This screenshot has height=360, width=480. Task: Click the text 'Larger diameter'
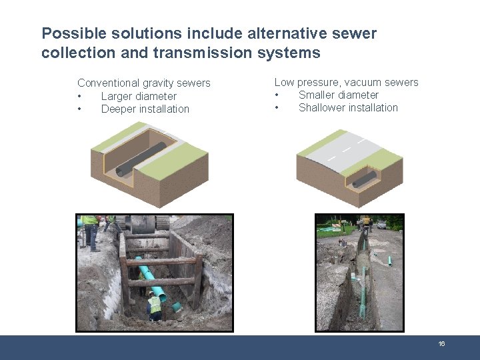click(x=139, y=96)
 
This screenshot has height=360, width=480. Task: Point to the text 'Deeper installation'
click(x=145, y=109)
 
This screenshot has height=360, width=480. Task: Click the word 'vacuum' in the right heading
click(x=363, y=83)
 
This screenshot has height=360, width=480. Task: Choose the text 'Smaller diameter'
click(x=339, y=95)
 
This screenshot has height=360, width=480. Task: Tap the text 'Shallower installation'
click(x=348, y=108)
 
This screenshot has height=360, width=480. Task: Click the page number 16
click(x=441, y=343)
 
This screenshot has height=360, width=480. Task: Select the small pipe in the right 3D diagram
click(x=364, y=179)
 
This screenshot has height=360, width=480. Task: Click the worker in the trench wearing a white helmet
click(x=154, y=306)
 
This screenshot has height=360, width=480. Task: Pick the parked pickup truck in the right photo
click(x=382, y=225)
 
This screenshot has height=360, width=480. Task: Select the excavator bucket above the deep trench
click(x=144, y=223)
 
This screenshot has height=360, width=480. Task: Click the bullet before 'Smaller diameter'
click(x=277, y=95)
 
